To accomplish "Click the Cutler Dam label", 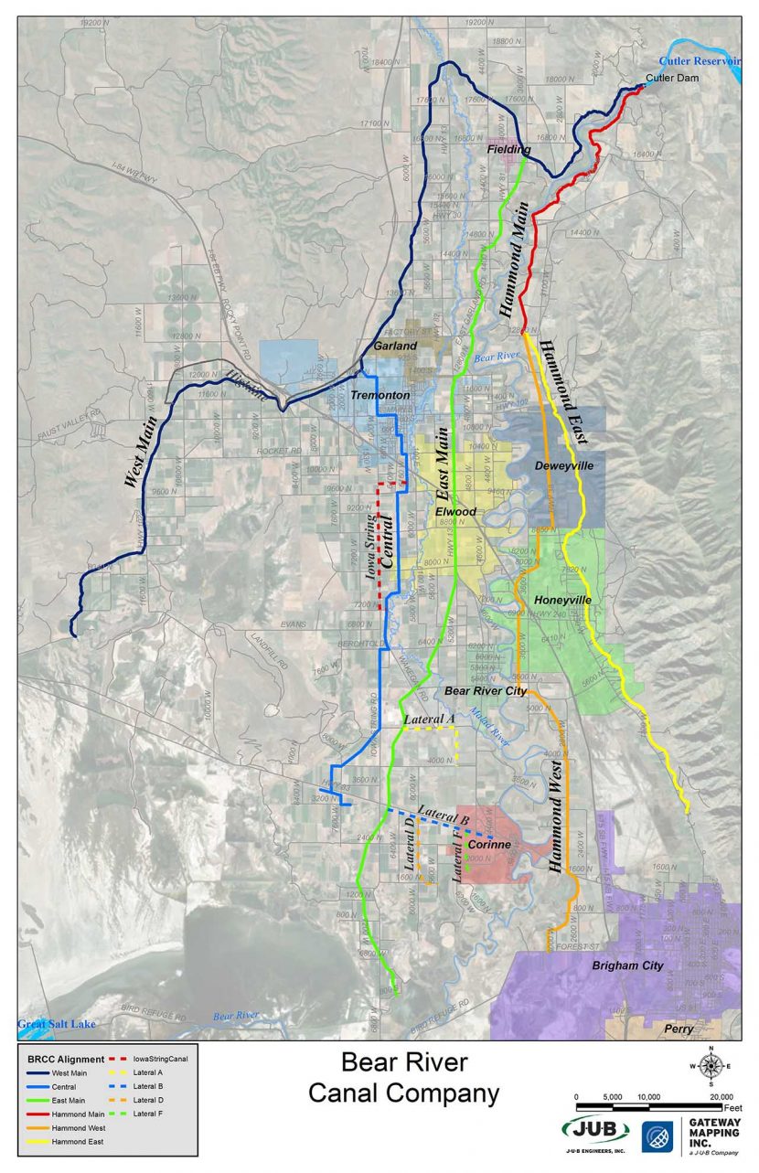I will coord(673,79).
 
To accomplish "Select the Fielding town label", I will coord(508,149).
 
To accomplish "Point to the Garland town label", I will coord(395,347).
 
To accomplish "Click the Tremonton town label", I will coord(379,395).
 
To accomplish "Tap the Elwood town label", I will coord(455,512).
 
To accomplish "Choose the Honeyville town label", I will coord(562,600).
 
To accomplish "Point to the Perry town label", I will coord(679,1029).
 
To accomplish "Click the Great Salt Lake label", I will coord(56,1024).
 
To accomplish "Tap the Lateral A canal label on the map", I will coord(429,720).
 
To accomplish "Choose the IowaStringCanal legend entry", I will coord(160,1059).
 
